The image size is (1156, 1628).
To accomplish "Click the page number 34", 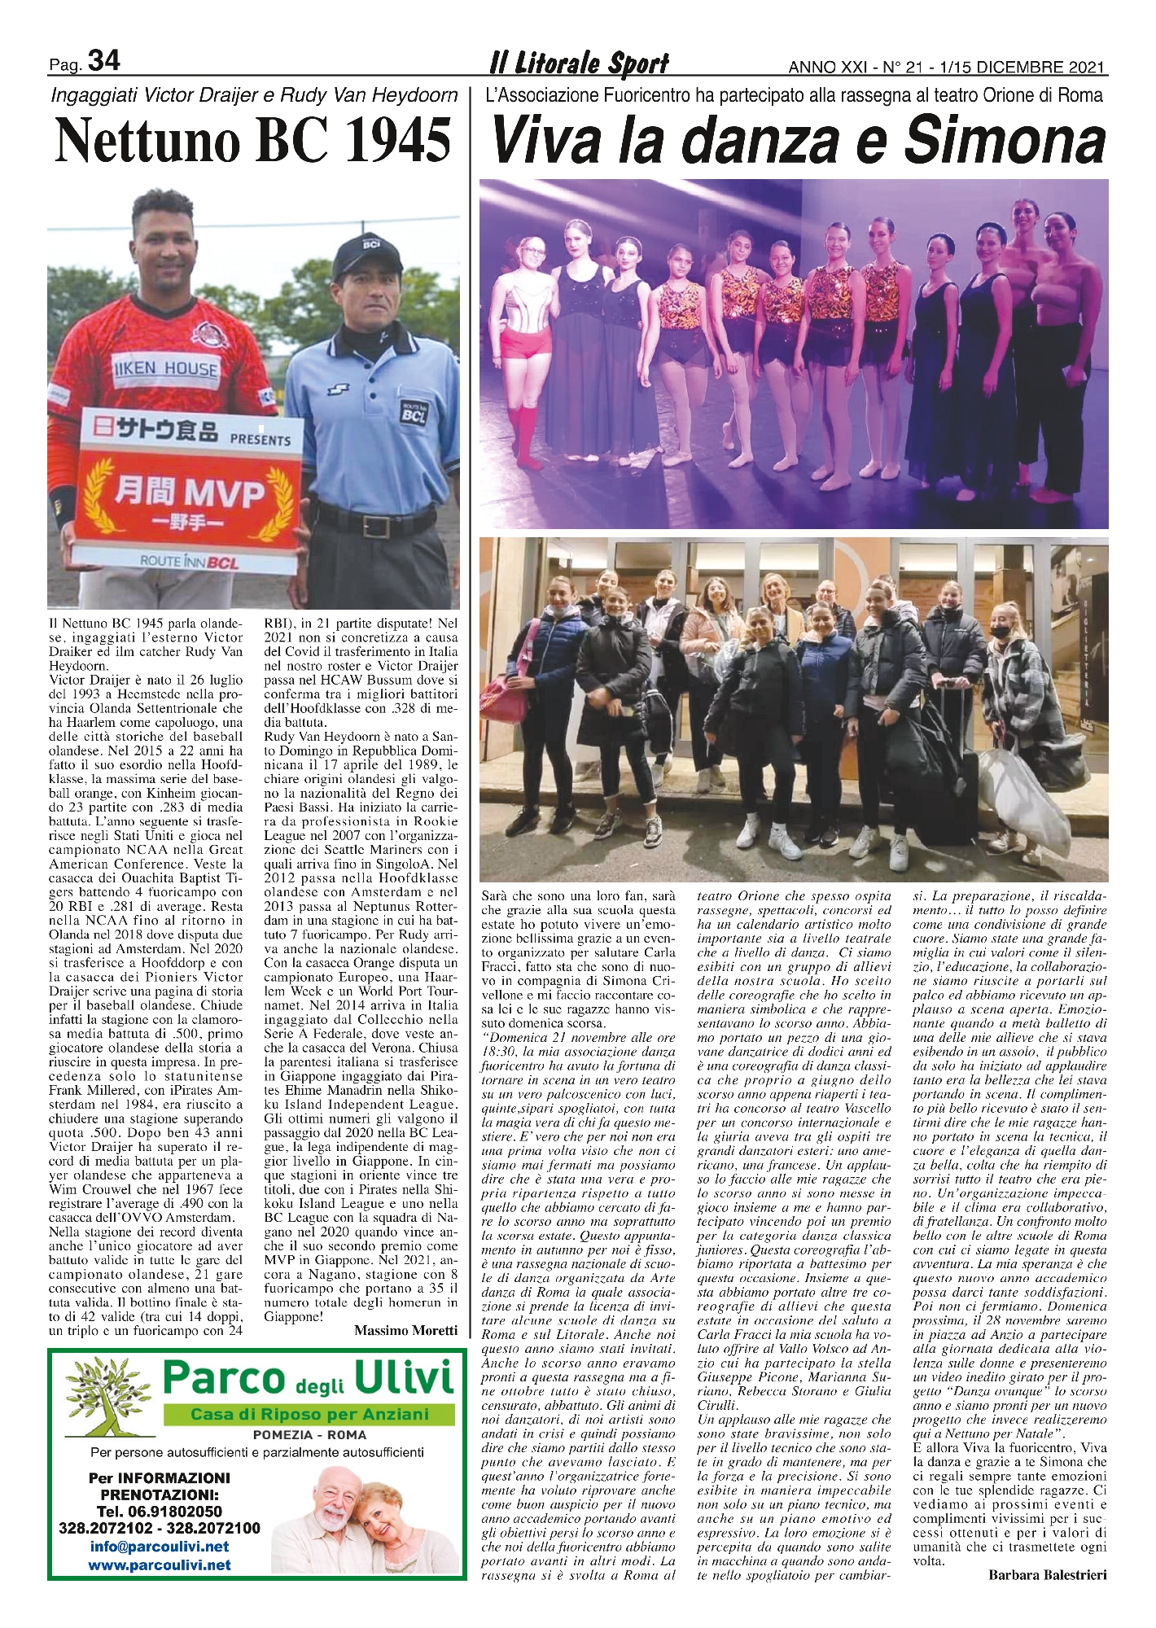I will click(x=103, y=61).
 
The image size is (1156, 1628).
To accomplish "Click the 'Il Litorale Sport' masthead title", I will click(x=579, y=63).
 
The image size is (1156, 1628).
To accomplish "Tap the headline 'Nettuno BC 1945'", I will click(x=253, y=139).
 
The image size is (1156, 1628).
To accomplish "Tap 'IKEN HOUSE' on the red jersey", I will click(x=164, y=368).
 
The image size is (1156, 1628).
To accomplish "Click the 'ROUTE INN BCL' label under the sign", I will click(x=190, y=562).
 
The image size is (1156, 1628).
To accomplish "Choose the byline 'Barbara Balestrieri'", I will click(x=1047, y=1575).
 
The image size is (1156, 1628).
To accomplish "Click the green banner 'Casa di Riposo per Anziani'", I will click(x=309, y=1415).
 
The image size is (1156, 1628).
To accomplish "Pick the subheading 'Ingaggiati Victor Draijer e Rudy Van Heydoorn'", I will click(x=254, y=95).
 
